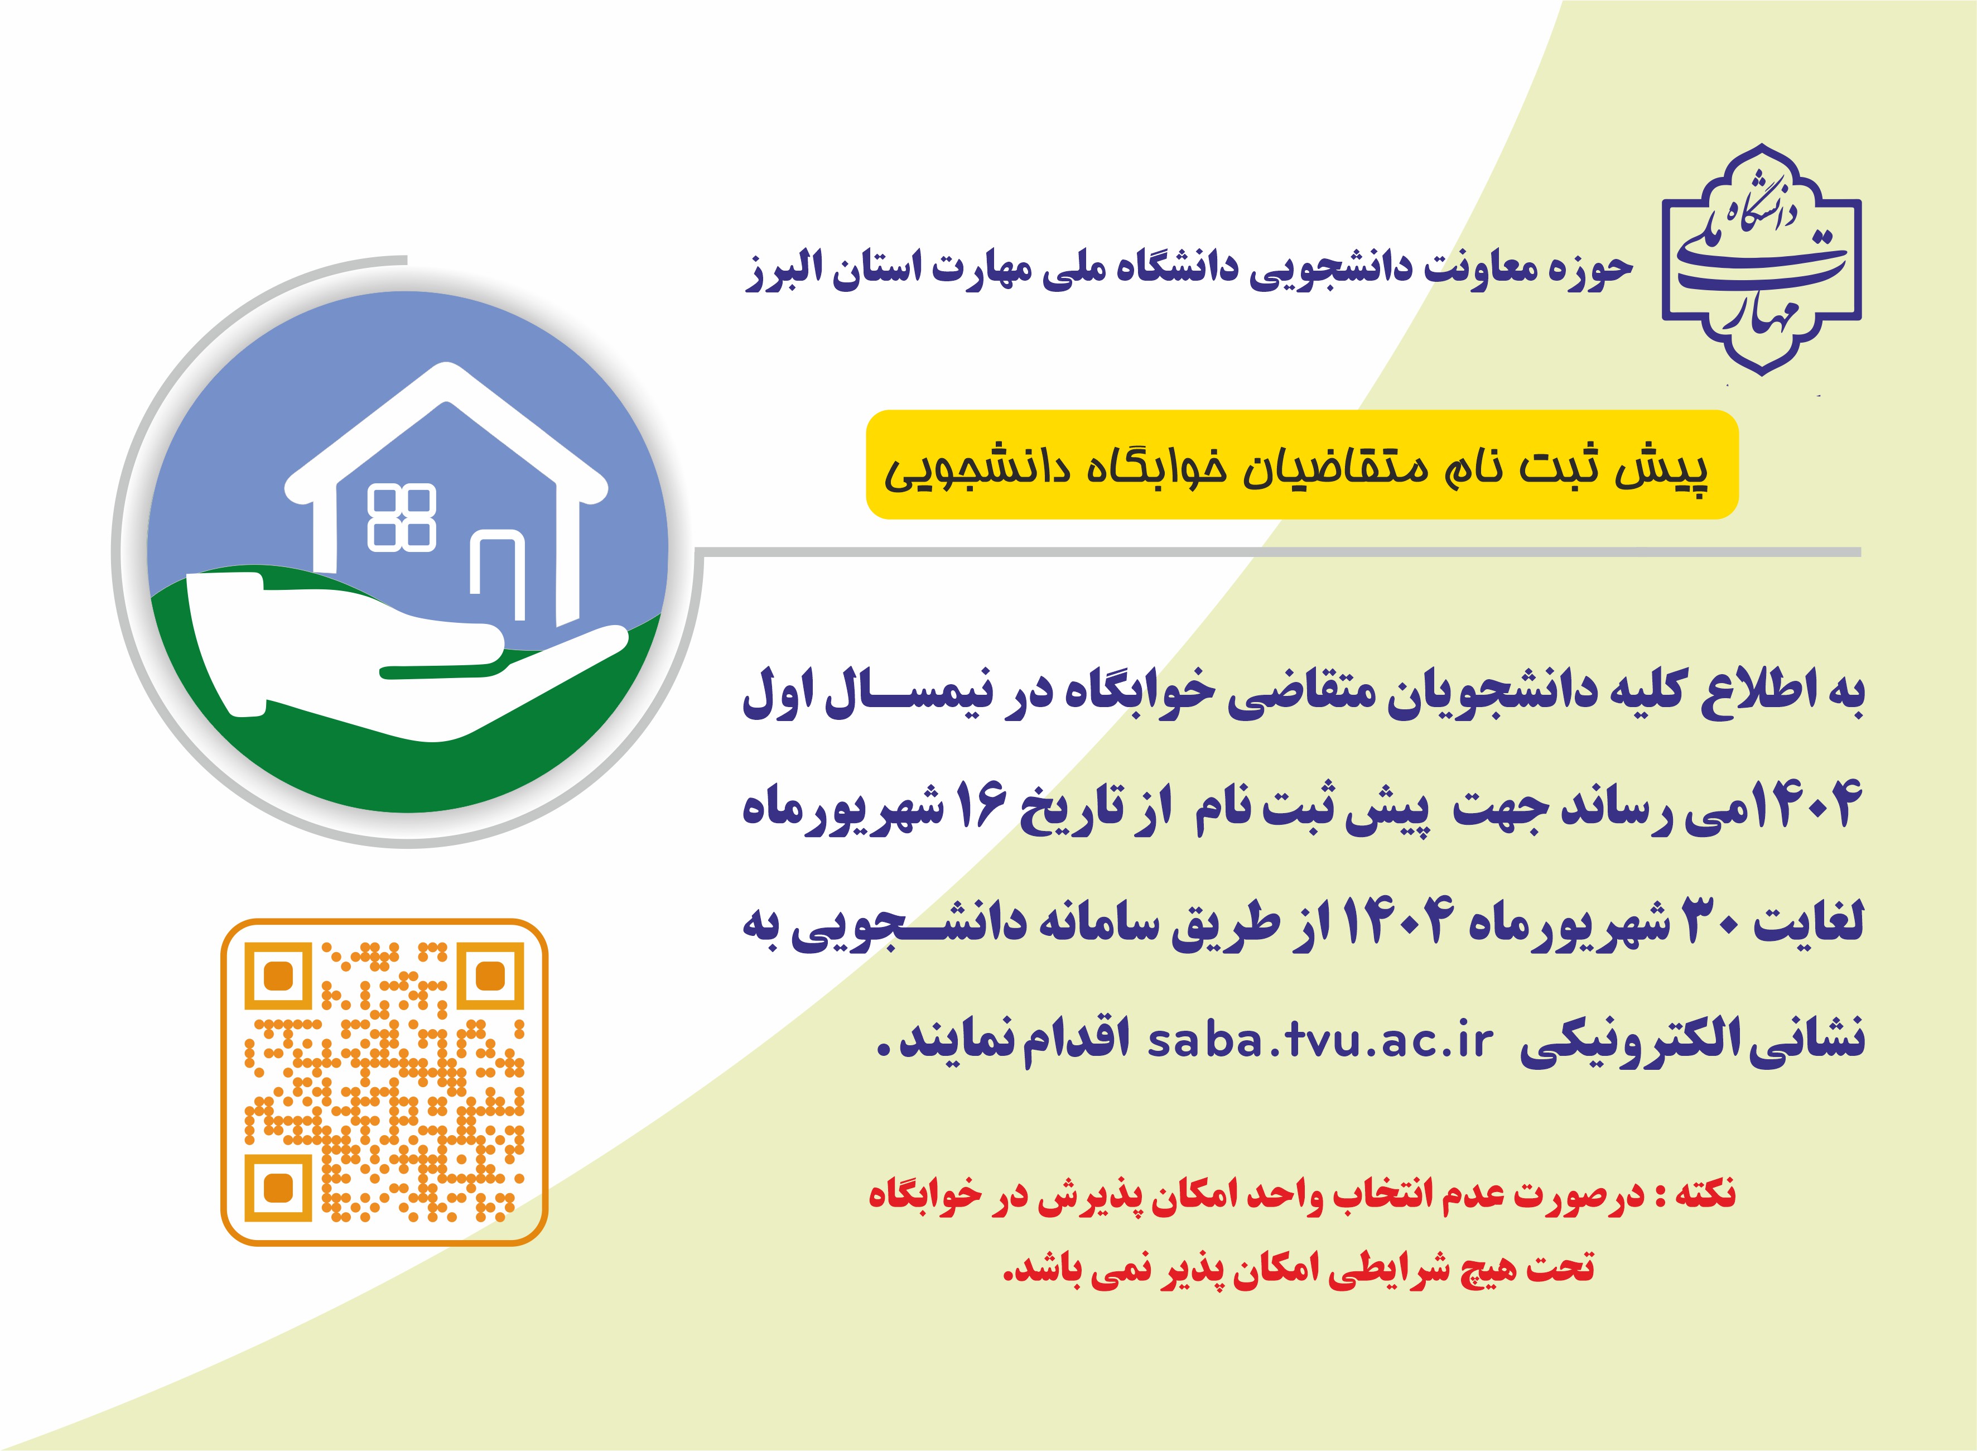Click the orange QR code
(x=384, y=1082)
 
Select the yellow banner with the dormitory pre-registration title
(x=1302, y=465)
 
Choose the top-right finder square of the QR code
(x=491, y=976)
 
